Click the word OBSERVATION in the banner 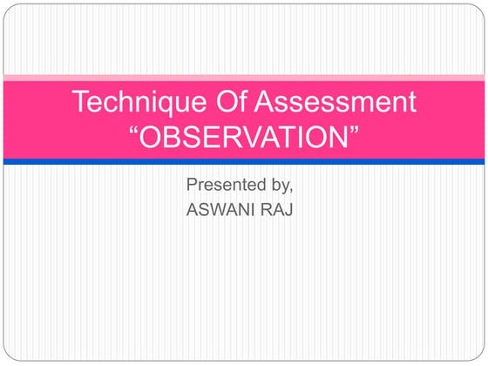coord(244,137)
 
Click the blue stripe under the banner coord(244,161)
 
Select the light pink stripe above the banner coord(244,78)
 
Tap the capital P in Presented coord(192,185)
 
